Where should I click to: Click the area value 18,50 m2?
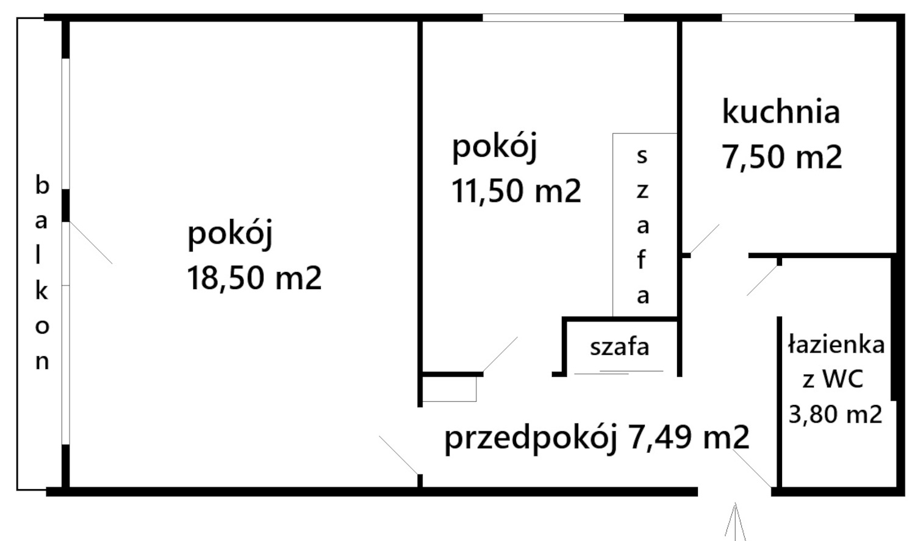[x=254, y=278]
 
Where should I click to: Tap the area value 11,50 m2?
[x=516, y=191]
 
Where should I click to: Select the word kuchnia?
[x=781, y=112]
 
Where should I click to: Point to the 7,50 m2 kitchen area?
[x=782, y=157]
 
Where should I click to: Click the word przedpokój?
[x=530, y=438]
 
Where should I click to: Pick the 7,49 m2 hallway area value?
[x=688, y=437]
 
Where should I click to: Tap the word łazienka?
[x=836, y=345]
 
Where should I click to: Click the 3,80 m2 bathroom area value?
[x=835, y=415]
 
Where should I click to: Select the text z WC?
[x=833, y=379]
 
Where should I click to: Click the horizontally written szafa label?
[x=619, y=347]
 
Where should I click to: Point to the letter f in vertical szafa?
[x=642, y=260]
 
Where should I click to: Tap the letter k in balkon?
[x=41, y=291]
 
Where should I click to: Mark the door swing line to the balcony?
[x=91, y=243]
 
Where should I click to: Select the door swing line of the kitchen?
[x=705, y=238]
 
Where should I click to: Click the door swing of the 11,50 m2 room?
[x=500, y=354]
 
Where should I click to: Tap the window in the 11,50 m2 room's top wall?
[x=553, y=18]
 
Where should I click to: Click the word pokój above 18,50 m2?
[x=229, y=234]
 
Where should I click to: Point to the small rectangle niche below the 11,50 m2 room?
[x=449, y=389]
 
